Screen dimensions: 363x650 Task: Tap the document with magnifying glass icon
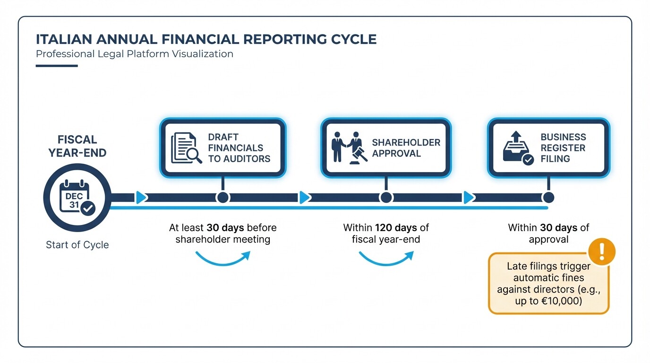click(x=186, y=148)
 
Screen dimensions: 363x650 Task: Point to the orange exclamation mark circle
click(x=601, y=251)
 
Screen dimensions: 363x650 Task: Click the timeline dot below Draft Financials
click(x=222, y=198)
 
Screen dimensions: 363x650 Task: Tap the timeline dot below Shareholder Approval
click(x=386, y=198)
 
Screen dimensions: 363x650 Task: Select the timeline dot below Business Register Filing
click(x=548, y=198)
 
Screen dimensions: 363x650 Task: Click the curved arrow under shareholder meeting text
click(x=222, y=258)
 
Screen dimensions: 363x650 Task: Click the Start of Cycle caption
click(x=77, y=245)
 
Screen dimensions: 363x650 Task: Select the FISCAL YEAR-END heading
click(x=77, y=146)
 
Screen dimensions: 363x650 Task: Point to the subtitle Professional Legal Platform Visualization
click(x=135, y=54)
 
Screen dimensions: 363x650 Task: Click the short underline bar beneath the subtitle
click(x=57, y=66)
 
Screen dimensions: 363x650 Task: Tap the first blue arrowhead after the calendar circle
click(x=141, y=198)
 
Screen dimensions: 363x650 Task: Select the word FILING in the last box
click(x=555, y=159)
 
